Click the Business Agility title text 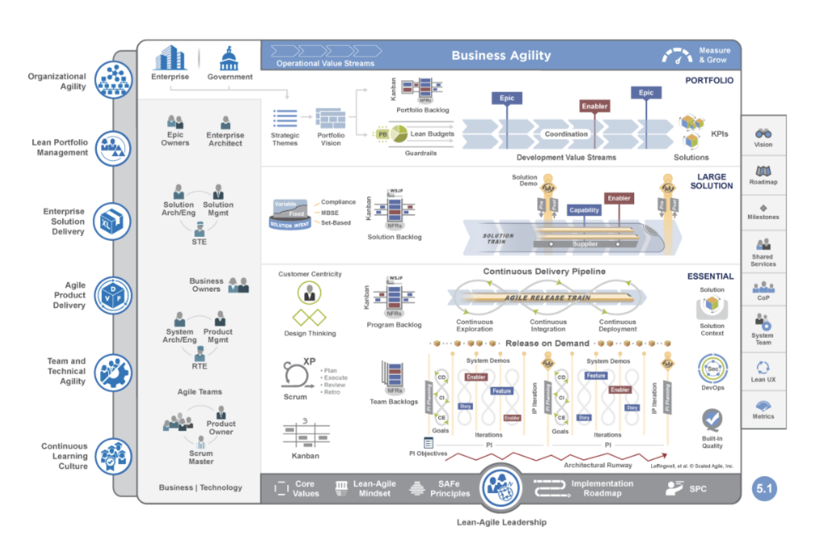pos(501,56)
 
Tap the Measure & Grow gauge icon pos(677,56)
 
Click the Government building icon pos(229,58)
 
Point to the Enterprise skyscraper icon pos(170,57)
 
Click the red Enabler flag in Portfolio pos(595,106)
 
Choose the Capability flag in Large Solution pos(584,210)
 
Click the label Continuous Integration pos(548,326)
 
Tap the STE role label pos(198,240)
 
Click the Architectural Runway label pos(598,465)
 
